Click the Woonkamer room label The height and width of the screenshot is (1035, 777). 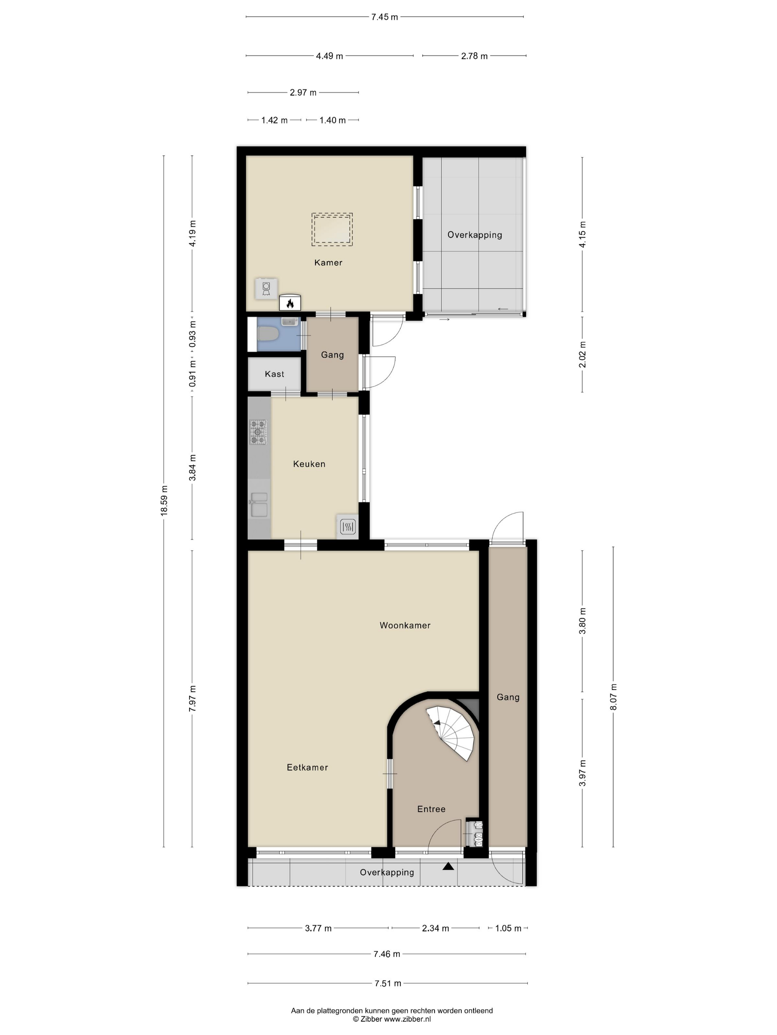pos(405,625)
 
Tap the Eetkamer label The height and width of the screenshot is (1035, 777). pos(307,767)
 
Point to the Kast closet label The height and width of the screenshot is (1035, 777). pos(274,374)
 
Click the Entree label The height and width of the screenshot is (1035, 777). pos(431,809)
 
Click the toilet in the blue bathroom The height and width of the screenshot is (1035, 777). pos(268,334)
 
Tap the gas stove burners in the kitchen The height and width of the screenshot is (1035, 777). pos(258,432)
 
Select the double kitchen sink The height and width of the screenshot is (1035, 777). pos(259,505)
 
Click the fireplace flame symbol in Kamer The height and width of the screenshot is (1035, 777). pos(290,303)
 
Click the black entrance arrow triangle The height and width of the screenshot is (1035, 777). pos(448,866)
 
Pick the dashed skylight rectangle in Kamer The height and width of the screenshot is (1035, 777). pos(332,229)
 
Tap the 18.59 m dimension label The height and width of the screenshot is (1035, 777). pos(164,500)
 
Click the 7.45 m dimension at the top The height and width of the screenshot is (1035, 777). pos(384,17)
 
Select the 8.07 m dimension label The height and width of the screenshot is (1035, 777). pos(613,697)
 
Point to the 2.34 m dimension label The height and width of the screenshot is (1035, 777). pos(435,928)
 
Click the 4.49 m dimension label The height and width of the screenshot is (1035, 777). pos(329,56)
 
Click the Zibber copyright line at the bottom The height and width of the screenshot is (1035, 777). pos(391,1019)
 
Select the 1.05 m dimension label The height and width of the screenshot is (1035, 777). pos(508,928)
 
